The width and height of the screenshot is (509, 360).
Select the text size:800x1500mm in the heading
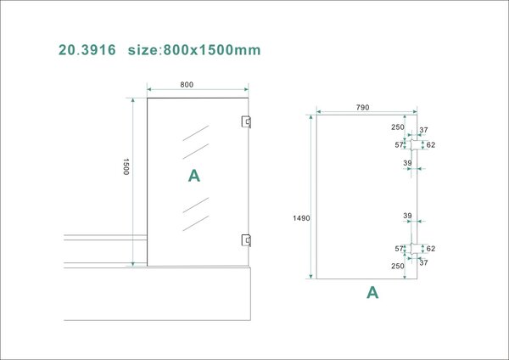194,50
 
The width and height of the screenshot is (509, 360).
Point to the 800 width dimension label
187,84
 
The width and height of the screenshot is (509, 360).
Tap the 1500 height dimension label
126,166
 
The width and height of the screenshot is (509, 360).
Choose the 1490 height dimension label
301,218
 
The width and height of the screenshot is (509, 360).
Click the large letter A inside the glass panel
193,176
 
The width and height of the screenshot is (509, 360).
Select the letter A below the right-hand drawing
372,293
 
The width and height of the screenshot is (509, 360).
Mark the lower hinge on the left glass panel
246,239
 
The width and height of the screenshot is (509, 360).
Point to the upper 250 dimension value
397,127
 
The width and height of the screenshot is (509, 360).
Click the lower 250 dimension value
397,266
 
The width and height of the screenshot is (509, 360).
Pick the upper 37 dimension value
423,131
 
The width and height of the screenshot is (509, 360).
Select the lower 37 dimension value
423,262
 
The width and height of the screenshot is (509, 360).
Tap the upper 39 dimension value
407,162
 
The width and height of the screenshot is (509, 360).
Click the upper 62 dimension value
431,145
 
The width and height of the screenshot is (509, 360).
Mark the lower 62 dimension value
431,249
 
